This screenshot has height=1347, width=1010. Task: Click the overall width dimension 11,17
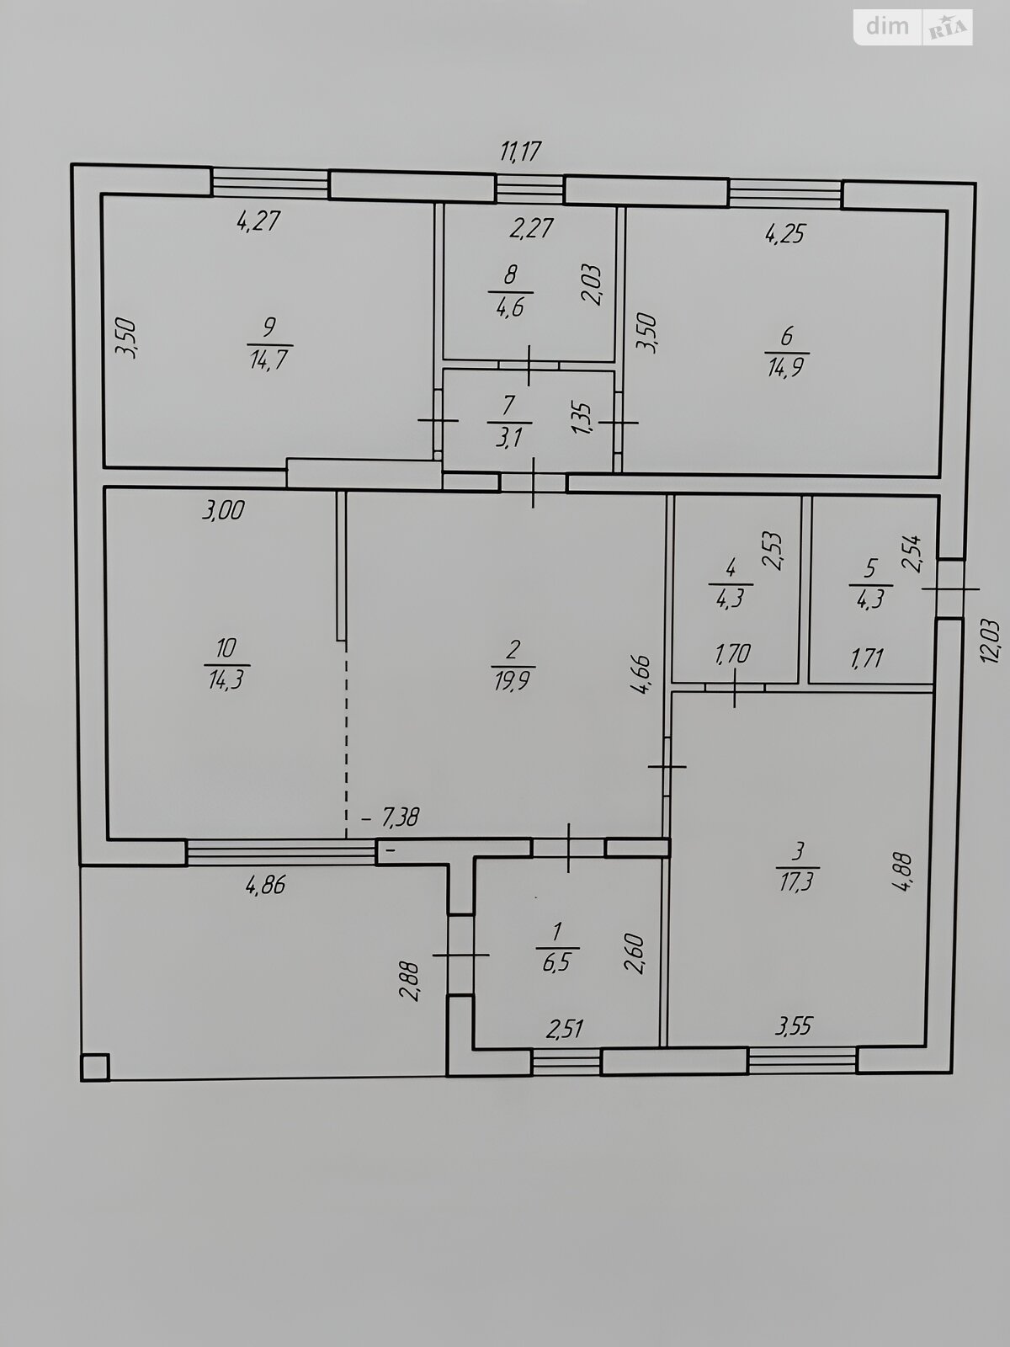[x=521, y=151]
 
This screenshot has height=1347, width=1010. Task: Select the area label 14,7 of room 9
[x=268, y=359]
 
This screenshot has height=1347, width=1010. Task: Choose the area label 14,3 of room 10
[x=226, y=680]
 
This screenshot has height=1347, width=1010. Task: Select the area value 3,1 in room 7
[x=509, y=437]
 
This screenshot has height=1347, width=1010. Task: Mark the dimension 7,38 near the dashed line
[x=401, y=817]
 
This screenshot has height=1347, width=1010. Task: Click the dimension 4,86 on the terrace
[x=265, y=885]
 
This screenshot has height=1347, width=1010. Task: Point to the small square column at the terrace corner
[x=95, y=1067]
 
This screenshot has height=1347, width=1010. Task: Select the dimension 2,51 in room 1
[x=565, y=1029]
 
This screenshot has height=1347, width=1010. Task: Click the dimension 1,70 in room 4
[x=732, y=654]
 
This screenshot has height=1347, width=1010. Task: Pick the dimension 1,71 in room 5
[x=867, y=658]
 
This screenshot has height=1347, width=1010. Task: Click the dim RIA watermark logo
[x=912, y=27]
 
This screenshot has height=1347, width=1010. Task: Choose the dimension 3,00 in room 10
[x=223, y=510]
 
